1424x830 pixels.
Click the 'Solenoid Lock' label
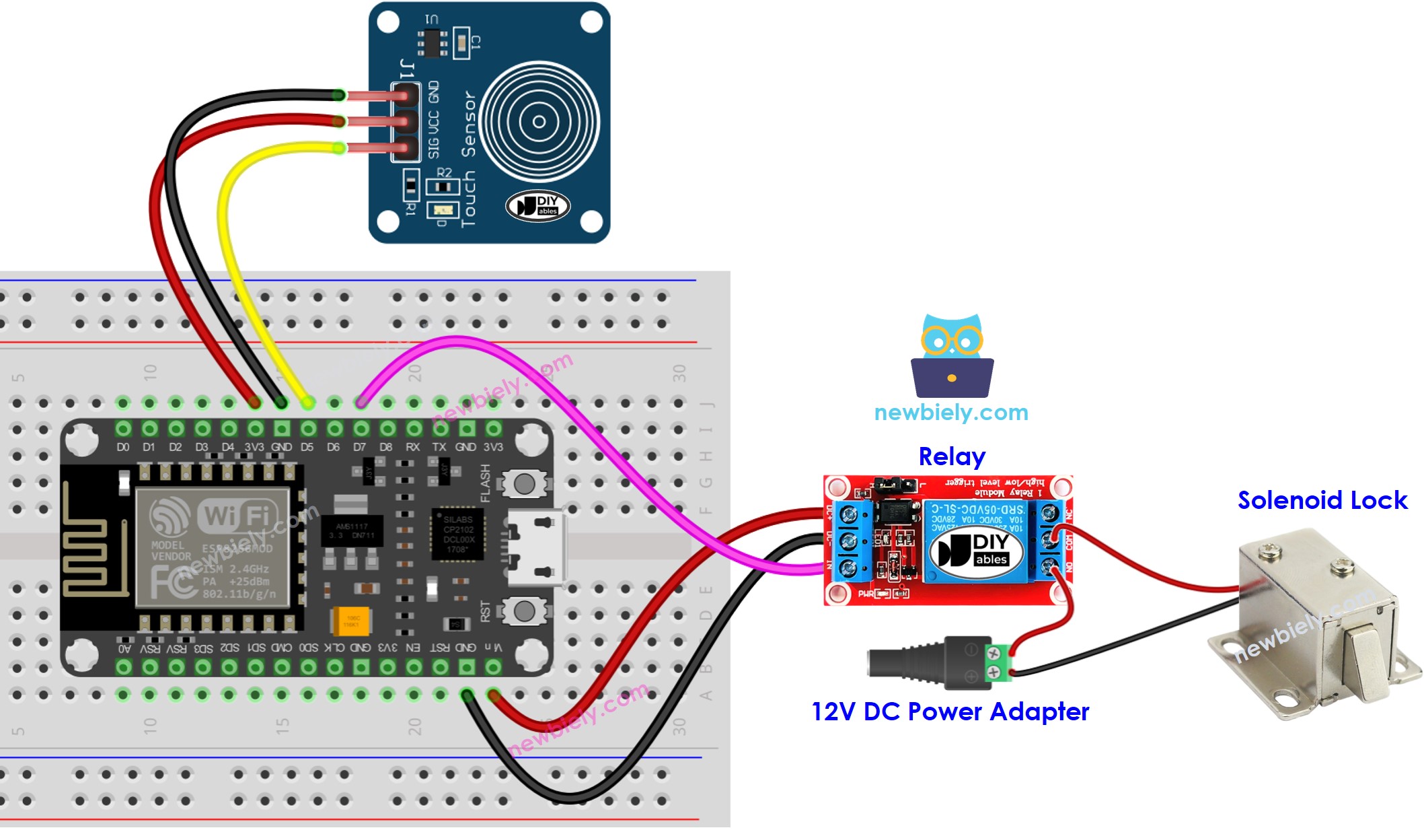(x=1322, y=500)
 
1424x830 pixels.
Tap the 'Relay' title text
(x=951, y=456)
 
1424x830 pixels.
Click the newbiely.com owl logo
(x=952, y=357)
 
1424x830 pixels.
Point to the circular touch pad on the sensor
(x=539, y=122)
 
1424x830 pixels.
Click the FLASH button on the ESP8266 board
(x=524, y=483)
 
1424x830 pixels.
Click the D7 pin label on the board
(x=360, y=447)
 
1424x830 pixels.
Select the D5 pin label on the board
(x=307, y=447)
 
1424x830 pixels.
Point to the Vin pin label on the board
(x=493, y=648)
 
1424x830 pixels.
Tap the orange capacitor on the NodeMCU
(x=350, y=621)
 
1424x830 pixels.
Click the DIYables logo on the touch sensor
(x=538, y=205)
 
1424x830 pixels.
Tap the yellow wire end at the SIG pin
(x=340, y=148)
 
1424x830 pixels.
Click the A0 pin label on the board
(x=124, y=648)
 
